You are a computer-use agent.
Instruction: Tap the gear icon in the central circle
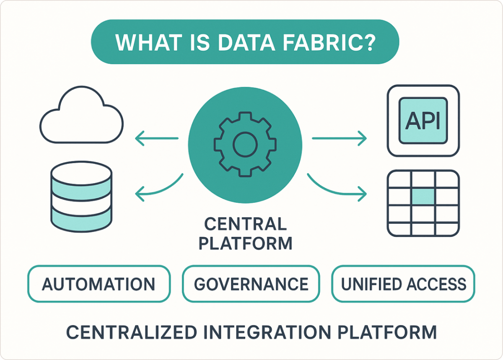245,145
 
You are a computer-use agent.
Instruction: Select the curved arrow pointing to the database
159,188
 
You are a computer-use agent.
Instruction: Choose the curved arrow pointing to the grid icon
335,188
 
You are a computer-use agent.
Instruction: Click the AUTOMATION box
99,284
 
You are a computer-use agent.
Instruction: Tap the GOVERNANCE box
251,284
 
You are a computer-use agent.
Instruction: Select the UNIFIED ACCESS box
403,284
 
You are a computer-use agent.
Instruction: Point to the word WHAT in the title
143,43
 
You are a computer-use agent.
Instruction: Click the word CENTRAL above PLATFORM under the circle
245,224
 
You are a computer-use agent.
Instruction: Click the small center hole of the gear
245,145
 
